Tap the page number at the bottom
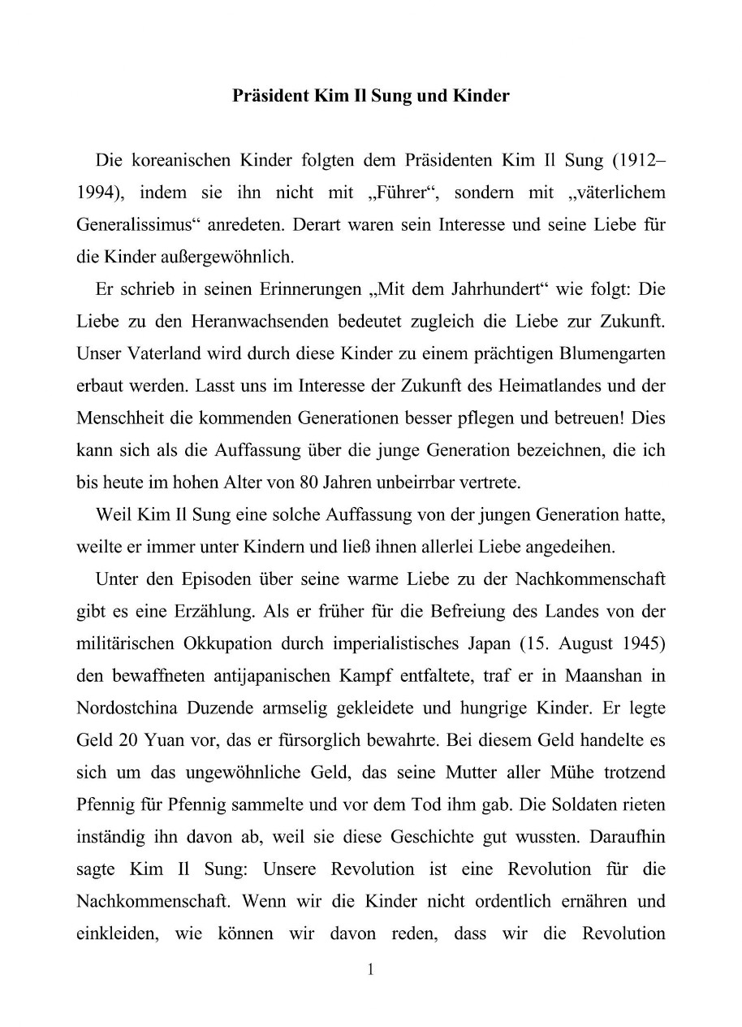click(370, 970)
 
